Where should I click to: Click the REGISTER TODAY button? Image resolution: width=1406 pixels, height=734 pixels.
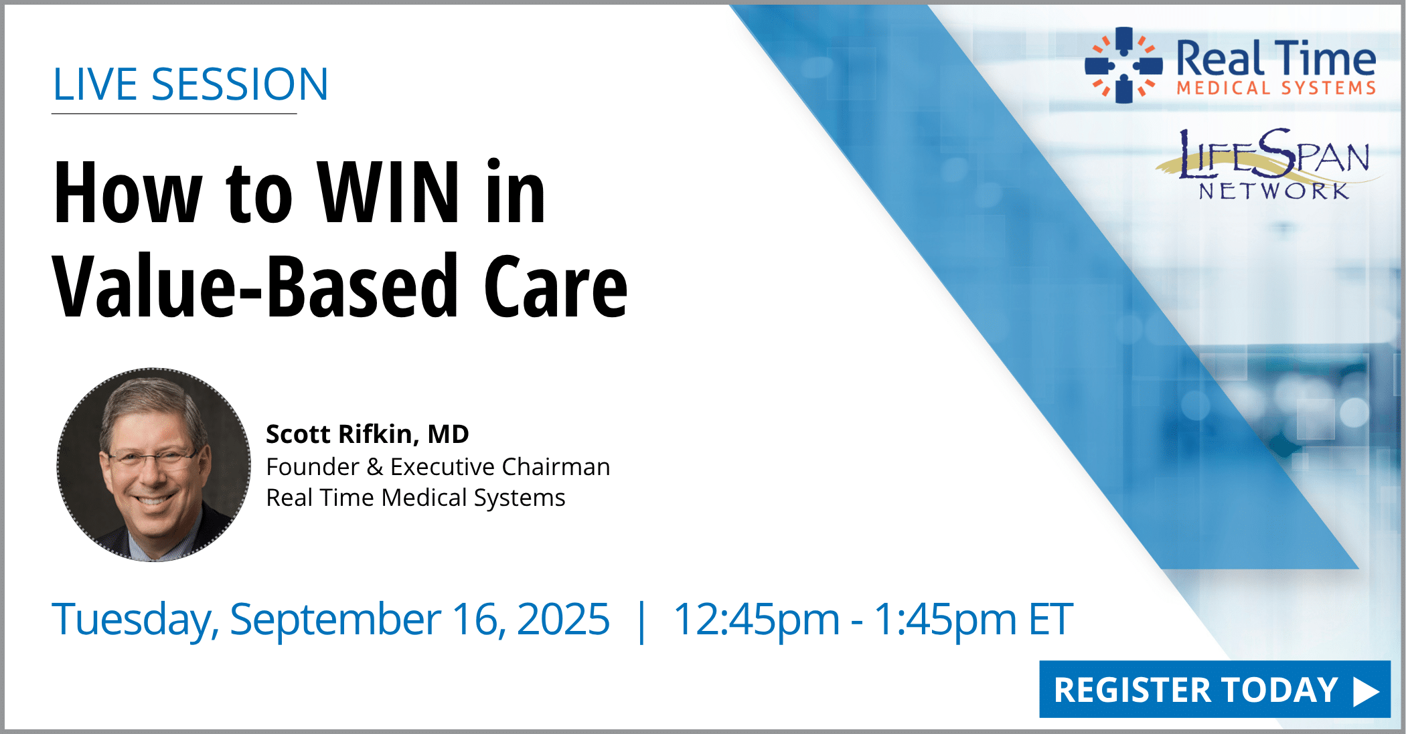point(1215,689)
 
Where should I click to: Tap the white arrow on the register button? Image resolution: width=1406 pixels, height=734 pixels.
point(1366,691)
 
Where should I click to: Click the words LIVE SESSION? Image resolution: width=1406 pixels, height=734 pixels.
point(191,84)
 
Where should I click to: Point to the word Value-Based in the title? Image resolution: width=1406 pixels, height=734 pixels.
point(255,286)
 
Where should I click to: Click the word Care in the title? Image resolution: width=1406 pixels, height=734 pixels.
point(556,286)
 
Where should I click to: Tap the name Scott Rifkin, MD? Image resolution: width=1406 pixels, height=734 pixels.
point(368,434)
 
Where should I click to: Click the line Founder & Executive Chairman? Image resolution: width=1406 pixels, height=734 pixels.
point(438,466)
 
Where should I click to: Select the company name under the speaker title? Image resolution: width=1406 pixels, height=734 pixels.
point(416,498)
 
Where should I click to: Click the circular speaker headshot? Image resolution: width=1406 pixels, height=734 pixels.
point(154,464)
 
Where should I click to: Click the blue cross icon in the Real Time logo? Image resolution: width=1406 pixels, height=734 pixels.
point(1124,65)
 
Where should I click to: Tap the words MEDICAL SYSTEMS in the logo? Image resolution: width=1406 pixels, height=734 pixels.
point(1276,88)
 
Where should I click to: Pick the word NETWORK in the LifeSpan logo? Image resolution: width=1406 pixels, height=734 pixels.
point(1273,191)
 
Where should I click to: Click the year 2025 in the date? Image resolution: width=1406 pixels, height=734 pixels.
point(563,619)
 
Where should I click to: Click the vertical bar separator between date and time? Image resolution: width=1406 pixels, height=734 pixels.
point(642,622)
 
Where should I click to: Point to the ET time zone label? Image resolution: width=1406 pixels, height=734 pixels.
point(1050,619)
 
